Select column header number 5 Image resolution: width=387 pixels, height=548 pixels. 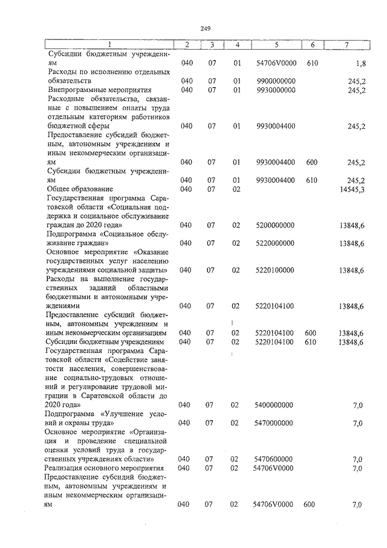276,45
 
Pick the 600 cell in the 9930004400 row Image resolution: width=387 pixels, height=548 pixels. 312,162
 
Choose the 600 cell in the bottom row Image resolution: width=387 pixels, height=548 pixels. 309,504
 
